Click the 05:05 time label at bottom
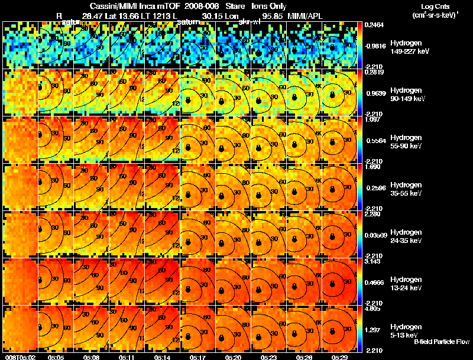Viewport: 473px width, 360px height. pyautogui.click(x=56, y=357)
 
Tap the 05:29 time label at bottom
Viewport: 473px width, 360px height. pyautogui.click(x=340, y=357)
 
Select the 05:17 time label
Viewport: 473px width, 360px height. pyautogui.click(x=198, y=357)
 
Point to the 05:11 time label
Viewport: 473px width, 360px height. pyautogui.click(x=127, y=357)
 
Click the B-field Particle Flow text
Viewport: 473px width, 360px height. pyautogui.click(x=441, y=342)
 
